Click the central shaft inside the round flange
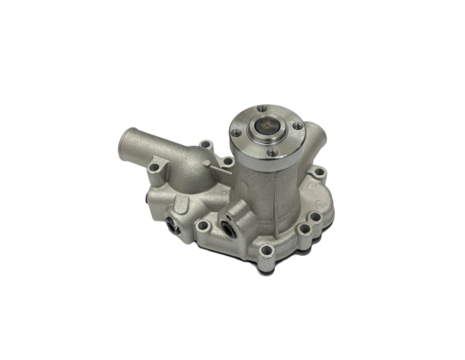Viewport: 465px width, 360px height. pyautogui.click(x=265, y=125)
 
